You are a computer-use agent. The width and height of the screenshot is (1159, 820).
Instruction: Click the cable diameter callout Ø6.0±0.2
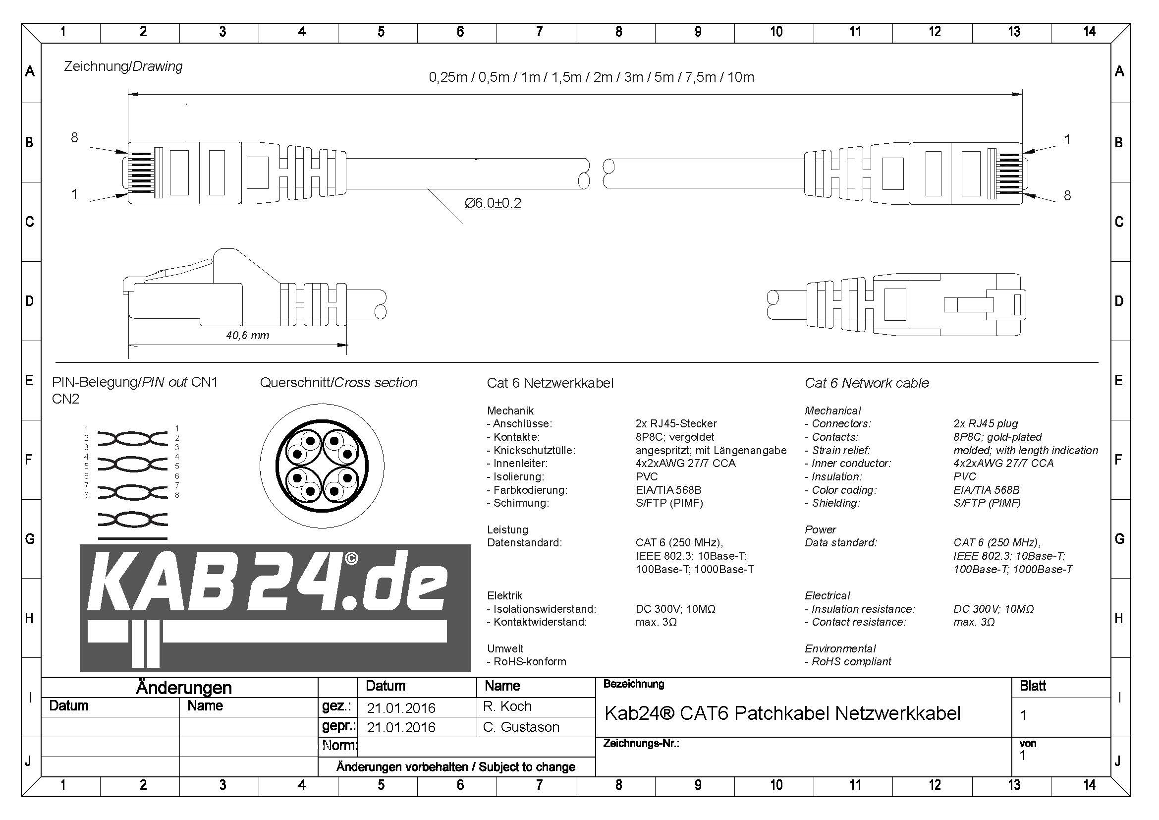click(493, 203)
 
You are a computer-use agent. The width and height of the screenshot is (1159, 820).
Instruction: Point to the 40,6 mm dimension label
click(247, 335)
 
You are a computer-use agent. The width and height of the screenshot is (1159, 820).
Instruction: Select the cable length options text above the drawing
click(592, 77)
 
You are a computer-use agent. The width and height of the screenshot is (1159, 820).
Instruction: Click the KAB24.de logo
click(275, 608)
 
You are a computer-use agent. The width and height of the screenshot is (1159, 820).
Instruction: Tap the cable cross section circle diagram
click(322, 466)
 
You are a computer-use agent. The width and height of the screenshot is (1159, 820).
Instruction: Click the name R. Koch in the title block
click(507, 706)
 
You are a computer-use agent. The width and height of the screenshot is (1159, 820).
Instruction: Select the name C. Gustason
click(521, 727)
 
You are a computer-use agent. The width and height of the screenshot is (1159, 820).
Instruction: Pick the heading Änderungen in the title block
click(184, 688)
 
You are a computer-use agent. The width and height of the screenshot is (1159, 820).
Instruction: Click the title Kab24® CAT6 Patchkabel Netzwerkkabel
click(782, 713)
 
